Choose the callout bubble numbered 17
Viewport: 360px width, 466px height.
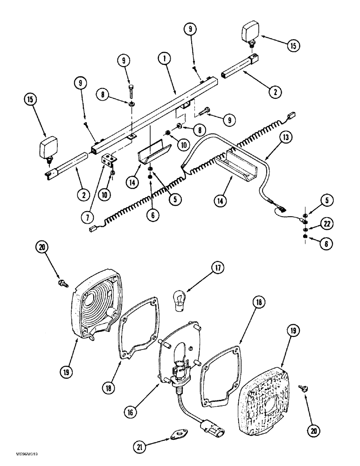217,269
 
